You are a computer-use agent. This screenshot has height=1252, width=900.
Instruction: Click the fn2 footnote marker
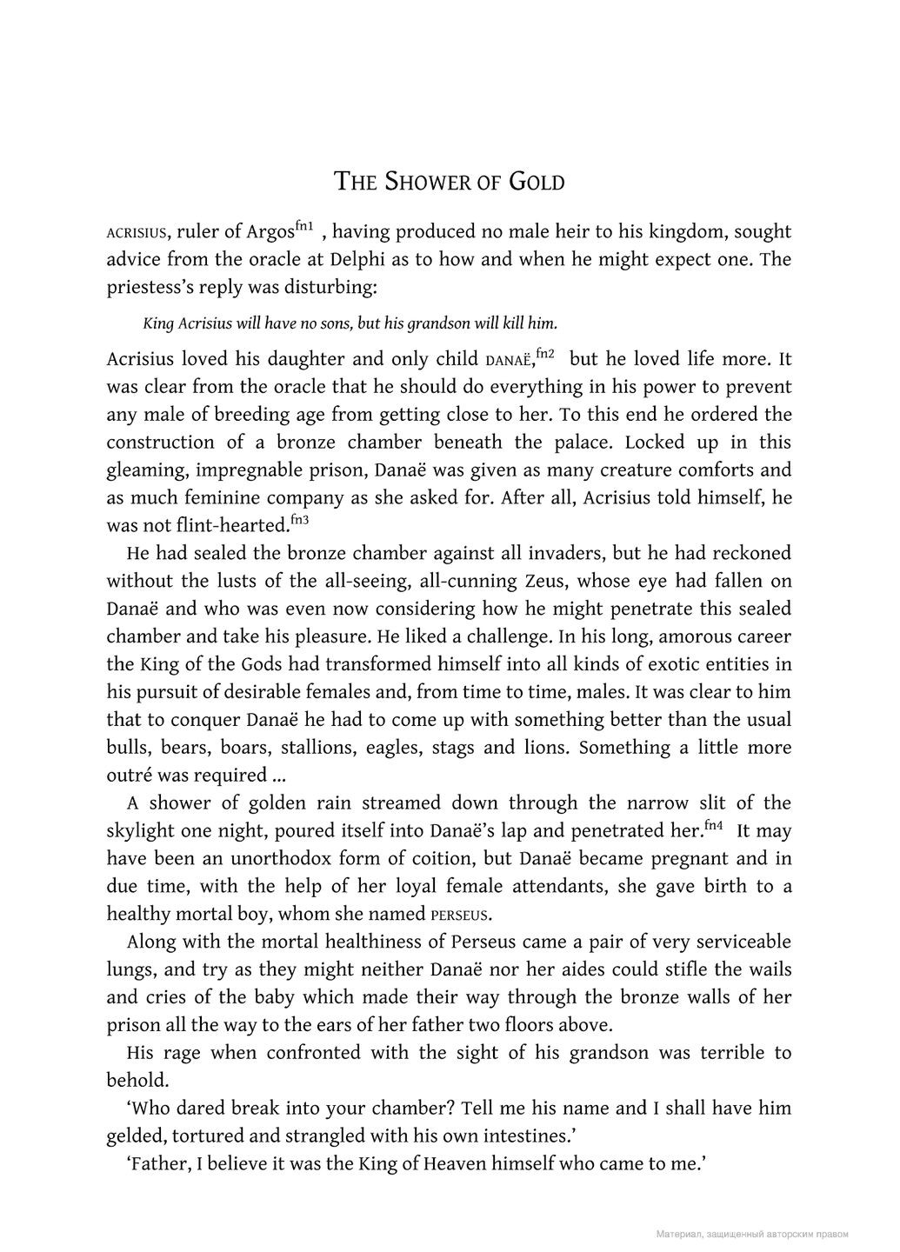coord(547,354)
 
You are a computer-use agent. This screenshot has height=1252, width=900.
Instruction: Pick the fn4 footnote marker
coord(714,826)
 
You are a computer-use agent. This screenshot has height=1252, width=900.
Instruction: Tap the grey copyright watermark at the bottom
coord(752,1234)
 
